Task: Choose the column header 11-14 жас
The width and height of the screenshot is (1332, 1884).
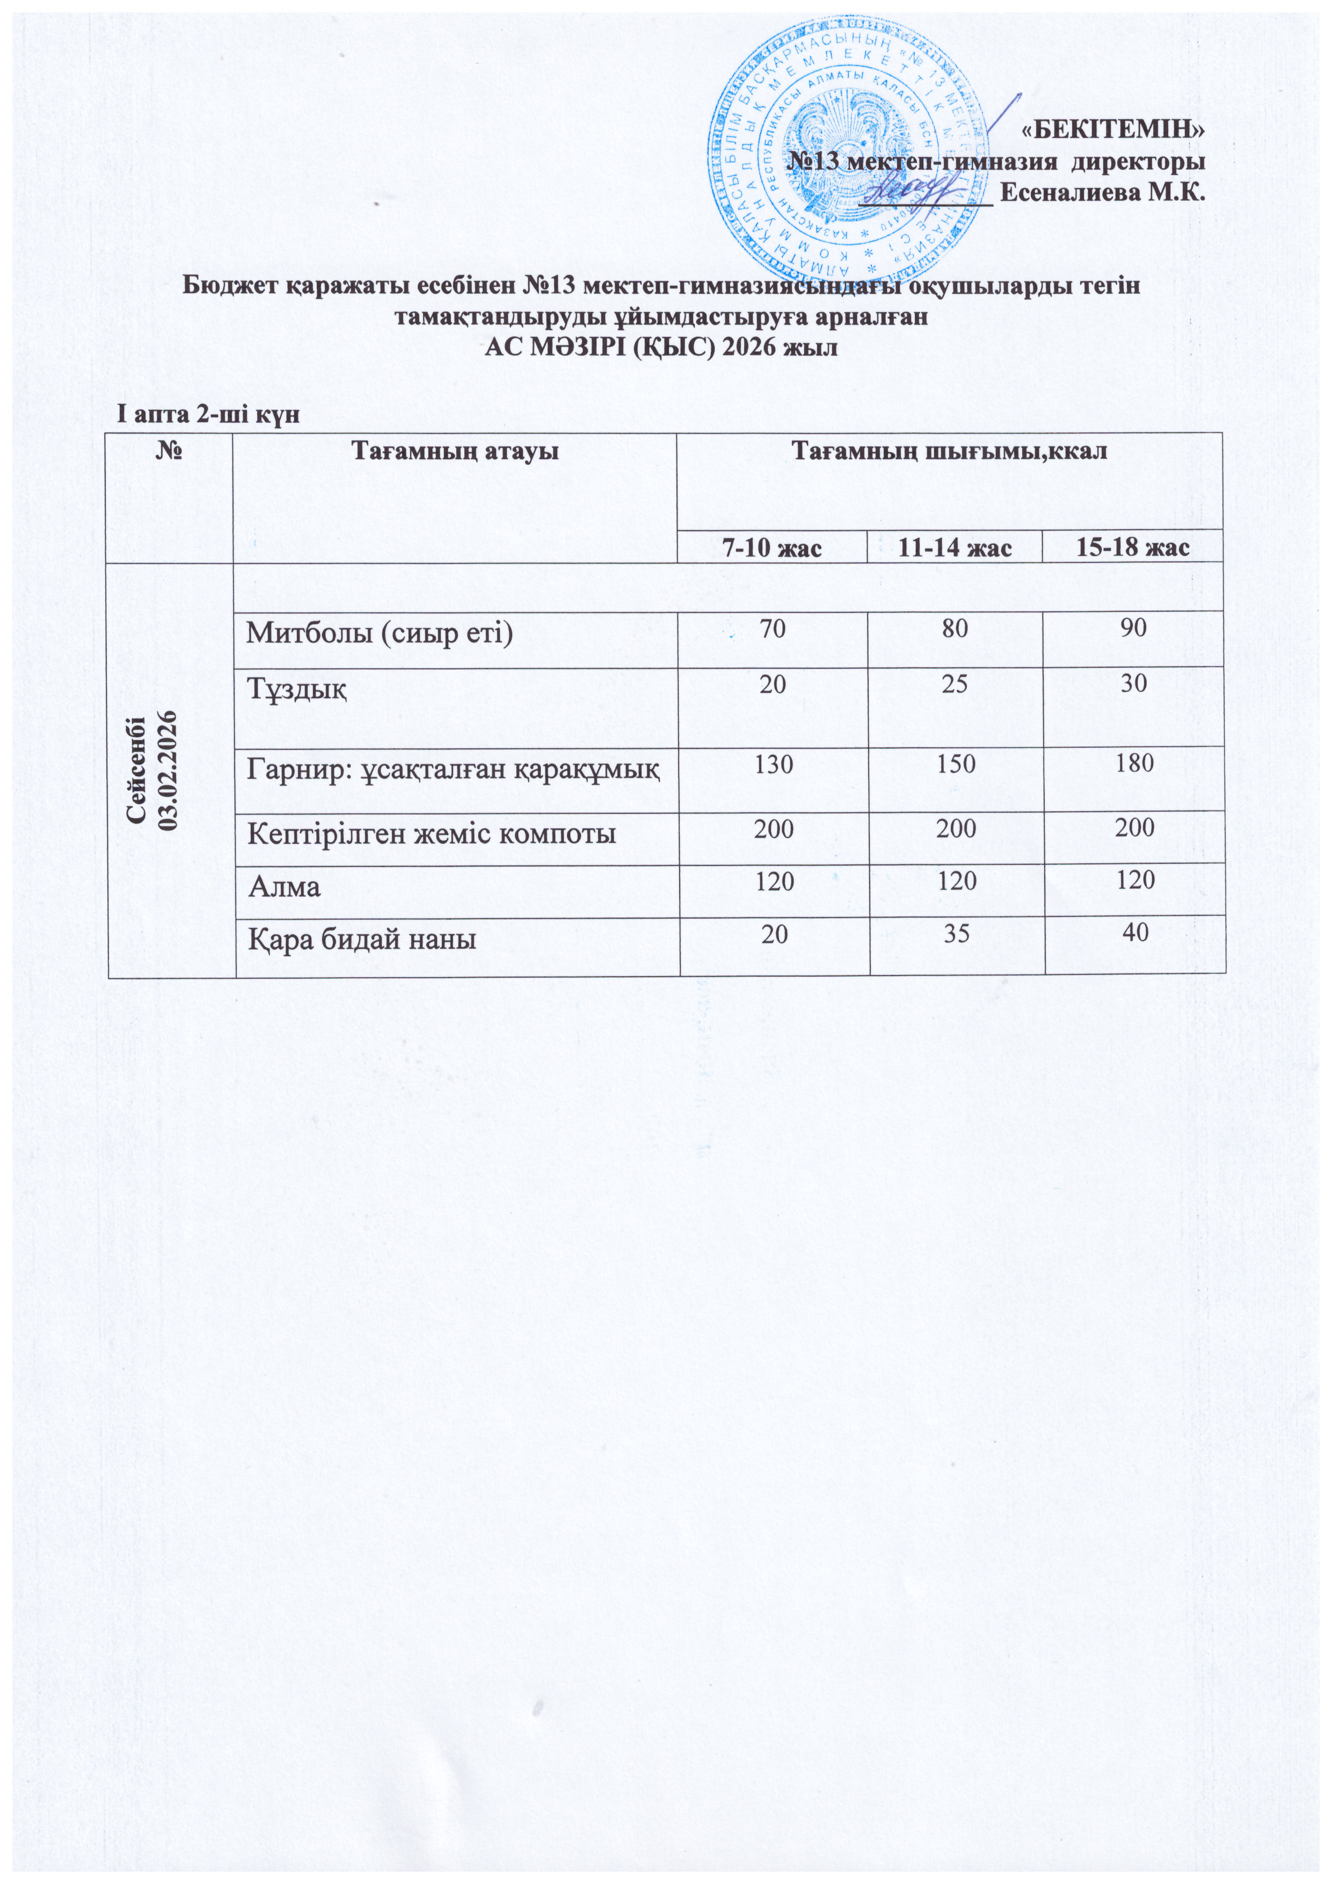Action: (954, 548)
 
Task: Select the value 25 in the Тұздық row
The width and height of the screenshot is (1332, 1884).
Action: (955, 685)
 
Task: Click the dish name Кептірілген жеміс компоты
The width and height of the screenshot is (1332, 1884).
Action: (432, 834)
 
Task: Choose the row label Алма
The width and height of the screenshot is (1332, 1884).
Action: (284, 887)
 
